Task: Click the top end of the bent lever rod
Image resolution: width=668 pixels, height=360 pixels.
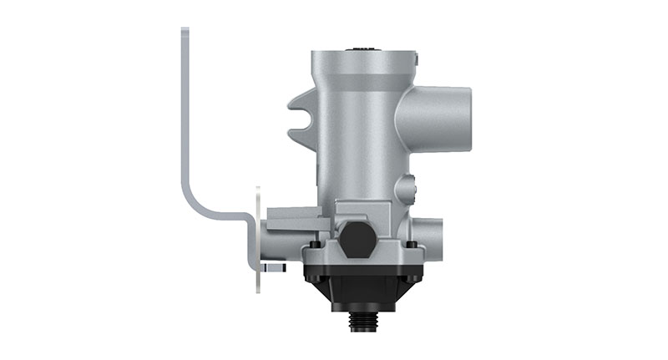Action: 185,33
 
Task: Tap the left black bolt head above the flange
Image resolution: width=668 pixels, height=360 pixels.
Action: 314,246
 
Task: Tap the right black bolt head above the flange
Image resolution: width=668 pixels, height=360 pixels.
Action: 411,245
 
